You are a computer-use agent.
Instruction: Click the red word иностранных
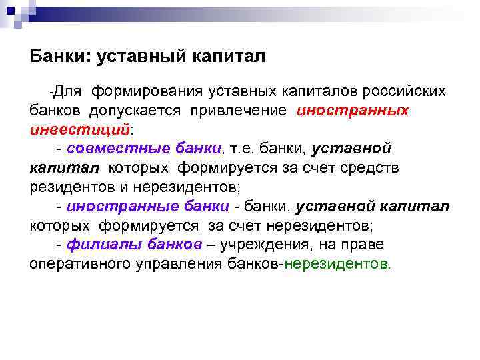[353, 110]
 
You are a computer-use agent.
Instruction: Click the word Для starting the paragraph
[66, 91]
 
